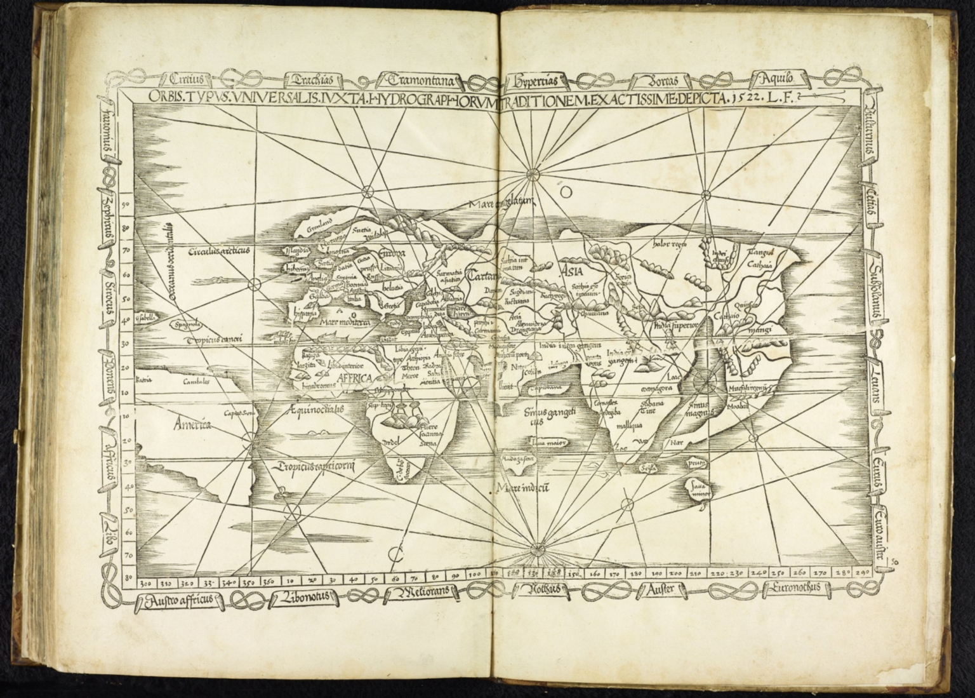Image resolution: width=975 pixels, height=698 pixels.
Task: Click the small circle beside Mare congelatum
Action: [567, 190]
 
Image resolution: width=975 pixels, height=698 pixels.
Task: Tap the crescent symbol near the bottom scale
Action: [395, 554]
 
